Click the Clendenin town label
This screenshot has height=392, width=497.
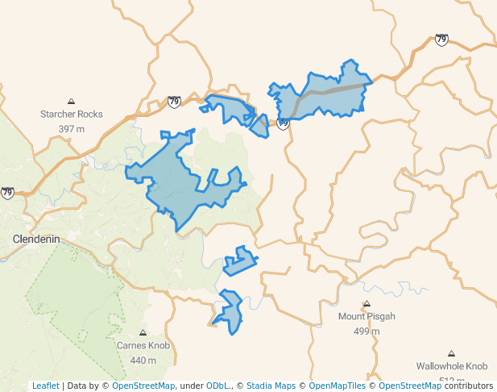tap(39, 240)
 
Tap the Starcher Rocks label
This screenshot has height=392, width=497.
tap(72, 115)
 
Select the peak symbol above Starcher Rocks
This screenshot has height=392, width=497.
tap(72, 102)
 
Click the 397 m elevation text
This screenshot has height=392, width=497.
tap(72, 129)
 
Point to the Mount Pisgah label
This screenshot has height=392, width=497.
tap(367, 316)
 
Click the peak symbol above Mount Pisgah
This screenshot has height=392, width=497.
tap(367, 304)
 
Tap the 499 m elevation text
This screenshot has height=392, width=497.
tap(367, 331)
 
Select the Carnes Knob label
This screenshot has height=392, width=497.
tap(143, 345)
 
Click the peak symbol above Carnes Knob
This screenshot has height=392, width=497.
tap(143, 332)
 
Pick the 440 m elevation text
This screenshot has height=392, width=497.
tap(143, 360)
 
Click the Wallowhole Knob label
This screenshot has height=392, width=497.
tap(452, 365)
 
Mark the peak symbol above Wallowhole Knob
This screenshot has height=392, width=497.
tap(451, 353)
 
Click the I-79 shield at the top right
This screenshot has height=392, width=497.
tap(441, 40)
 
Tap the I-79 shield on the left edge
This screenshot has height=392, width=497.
tap(7, 193)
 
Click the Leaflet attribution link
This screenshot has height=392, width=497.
tap(45, 386)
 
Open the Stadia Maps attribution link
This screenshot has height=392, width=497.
tap(271, 386)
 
